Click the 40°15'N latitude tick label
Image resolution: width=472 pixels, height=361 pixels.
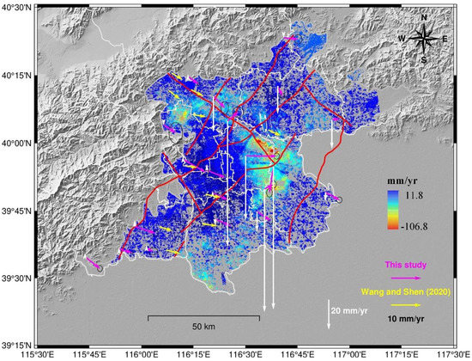pyautogui.click(x=15, y=76)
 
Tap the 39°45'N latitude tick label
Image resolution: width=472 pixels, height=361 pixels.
pyautogui.click(x=15, y=211)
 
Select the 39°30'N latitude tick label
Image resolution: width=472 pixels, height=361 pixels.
pyautogui.click(x=15, y=278)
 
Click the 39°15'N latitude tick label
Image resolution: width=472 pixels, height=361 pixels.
pyautogui.click(x=15, y=345)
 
